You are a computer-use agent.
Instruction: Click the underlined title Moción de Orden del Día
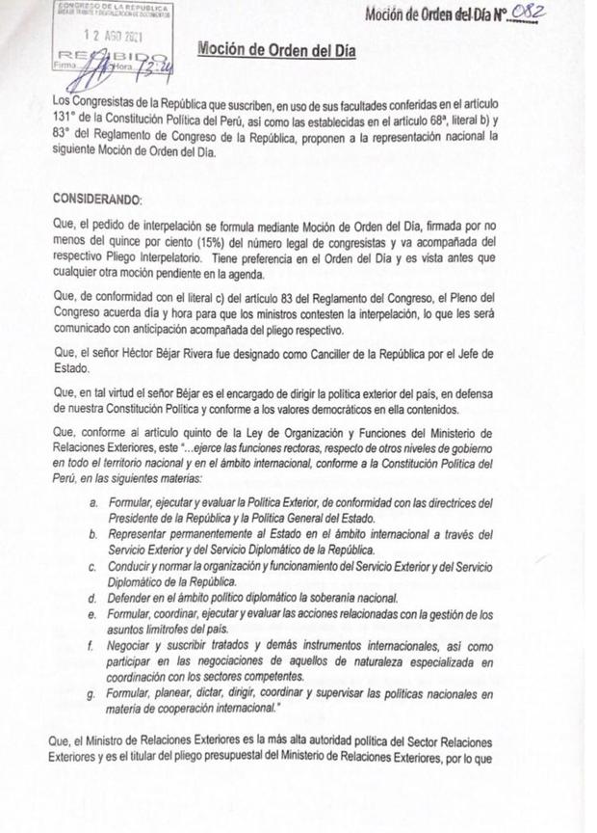[x=276, y=49]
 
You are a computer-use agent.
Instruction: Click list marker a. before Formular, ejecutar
[x=92, y=502]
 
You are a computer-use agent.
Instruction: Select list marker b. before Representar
[x=92, y=535]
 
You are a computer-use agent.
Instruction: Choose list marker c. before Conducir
[x=92, y=567]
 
